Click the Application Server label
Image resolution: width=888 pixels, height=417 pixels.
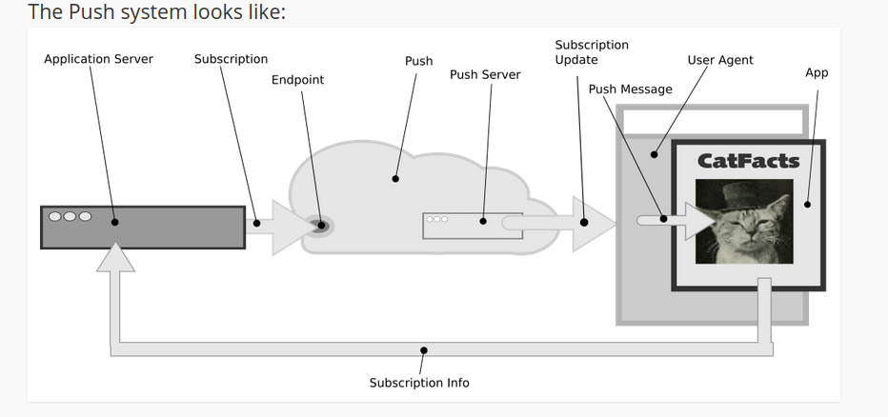(98, 59)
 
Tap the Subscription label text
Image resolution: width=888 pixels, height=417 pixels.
(231, 59)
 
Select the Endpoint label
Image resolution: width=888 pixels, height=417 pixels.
(297, 80)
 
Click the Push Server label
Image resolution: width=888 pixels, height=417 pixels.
(485, 74)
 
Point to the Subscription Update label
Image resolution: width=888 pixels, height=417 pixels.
(592, 51)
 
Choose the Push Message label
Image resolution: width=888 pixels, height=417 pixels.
(630, 89)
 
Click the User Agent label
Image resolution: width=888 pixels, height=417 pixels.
(719, 60)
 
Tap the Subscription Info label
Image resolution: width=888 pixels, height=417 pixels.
(419, 383)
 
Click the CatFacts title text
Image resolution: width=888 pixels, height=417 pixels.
(748, 161)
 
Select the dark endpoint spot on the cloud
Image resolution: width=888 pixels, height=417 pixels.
(320, 226)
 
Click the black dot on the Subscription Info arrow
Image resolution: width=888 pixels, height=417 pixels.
(424, 350)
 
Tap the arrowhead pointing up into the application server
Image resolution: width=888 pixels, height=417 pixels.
(117, 258)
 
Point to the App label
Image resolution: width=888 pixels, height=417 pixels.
(817, 72)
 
